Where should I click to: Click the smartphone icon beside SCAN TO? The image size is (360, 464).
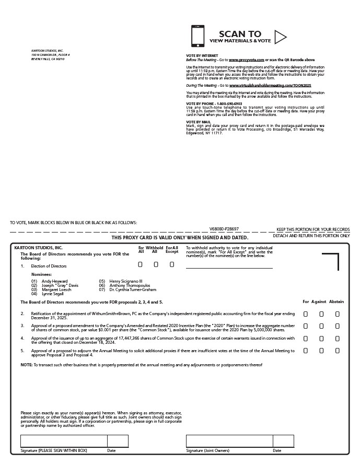pyautogui.click(x=198, y=36)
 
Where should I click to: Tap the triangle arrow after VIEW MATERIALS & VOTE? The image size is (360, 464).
pyautogui.click(x=280, y=37)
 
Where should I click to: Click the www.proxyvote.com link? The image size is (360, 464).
pyautogui.click(x=246, y=61)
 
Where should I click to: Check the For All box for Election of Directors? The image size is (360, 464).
pyautogui.click(x=141, y=264)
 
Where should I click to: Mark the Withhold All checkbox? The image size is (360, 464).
pyautogui.click(x=156, y=264)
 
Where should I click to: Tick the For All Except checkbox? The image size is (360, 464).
pyautogui.click(x=172, y=264)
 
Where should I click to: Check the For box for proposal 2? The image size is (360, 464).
pyautogui.click(x=306, y=314)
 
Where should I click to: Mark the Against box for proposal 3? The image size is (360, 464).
pyautogui.click(x=321, y=326)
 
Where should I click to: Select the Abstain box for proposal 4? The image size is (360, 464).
pyautogui.click(x=338, y=339)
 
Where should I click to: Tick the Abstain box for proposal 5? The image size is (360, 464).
pyautogui.click(x=338, y=351)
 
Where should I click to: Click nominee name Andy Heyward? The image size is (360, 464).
pyautogui.click(x=54, y=281)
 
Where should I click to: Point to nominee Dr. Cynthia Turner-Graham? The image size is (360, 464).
pyautogui.click(x=133, y=289)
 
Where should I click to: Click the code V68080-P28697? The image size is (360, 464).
pyautogui.click(x=224, y=229)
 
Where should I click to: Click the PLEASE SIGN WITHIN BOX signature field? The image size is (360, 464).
pyautogui.click(x=64, y=441)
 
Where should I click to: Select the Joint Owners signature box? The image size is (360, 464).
pyautogui.click(x=229, y=441)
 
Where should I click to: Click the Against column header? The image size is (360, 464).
pyautogui.click(x=319, y=301)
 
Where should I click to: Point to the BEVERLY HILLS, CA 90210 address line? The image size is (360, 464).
pyautogui.click(x=48, y=59)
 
